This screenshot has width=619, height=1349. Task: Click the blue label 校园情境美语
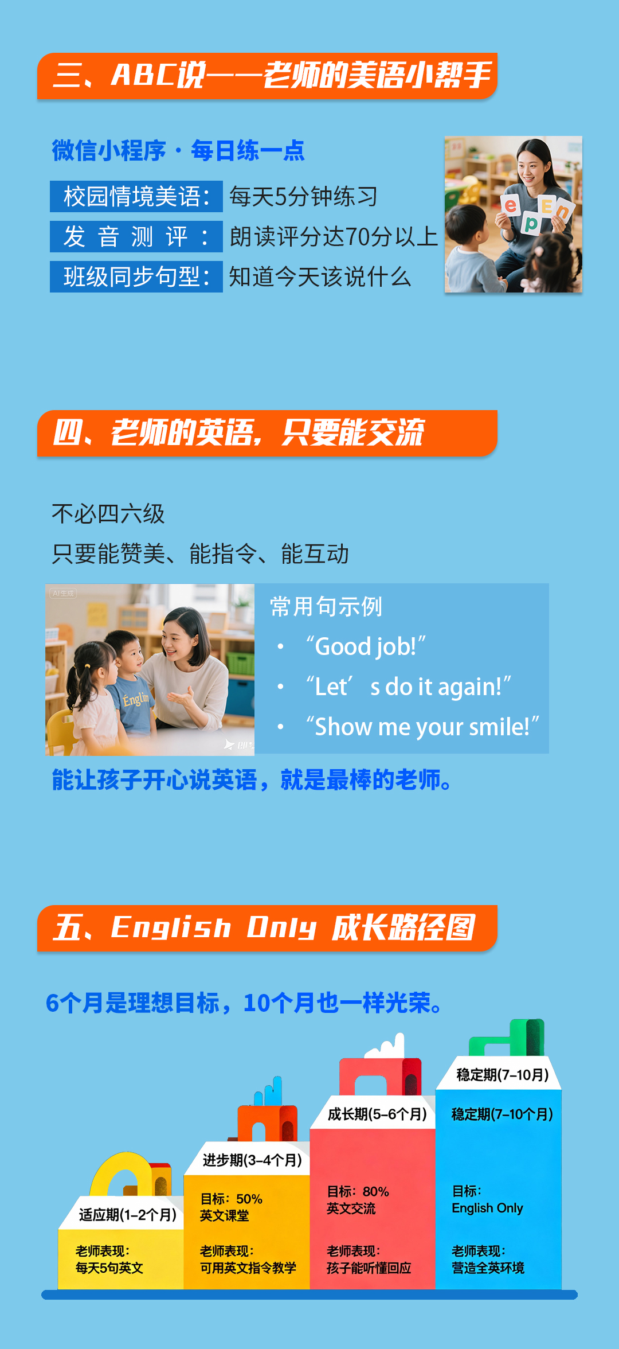click(136, 197)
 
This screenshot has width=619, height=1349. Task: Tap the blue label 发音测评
click(136, 237)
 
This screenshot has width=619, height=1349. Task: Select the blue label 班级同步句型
click(136, 277)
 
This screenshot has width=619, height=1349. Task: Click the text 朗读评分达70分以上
click(334, 237)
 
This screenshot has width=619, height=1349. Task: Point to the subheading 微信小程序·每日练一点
click(178, 151)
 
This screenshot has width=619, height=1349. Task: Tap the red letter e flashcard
click(511, 205)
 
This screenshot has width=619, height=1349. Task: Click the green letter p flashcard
click(531, 223)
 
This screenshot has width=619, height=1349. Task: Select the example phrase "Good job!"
click(366, 646)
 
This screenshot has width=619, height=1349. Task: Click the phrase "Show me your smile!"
click(422, 727)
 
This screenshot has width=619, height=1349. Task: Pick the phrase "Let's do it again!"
click(408, 687)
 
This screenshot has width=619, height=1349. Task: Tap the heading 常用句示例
click(326, 606)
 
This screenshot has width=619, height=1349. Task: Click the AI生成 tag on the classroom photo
click(63, 594)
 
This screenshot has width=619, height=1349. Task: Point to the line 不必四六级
click(108, 514)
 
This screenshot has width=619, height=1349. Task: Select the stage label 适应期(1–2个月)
click(127, 1215)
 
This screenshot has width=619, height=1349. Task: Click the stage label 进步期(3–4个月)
click(252, 1160)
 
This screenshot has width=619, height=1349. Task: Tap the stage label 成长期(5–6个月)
click(377, 1114)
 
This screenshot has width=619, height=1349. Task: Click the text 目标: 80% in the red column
click(358, 1192)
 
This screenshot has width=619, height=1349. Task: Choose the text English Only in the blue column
click(487, 1208)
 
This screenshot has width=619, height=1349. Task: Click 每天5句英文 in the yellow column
click(109, 1268)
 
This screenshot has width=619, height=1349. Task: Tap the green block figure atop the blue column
click(507, 1038)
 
